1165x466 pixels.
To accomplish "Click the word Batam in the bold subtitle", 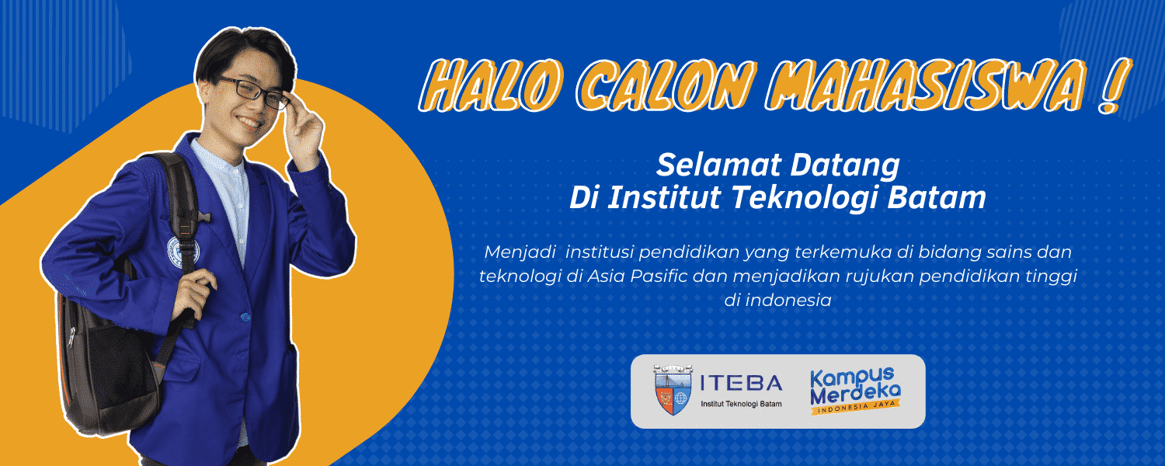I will (x=941, y=198).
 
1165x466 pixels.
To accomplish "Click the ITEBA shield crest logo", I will (x=673, y=391).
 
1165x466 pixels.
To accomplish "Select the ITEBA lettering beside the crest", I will (x=742, y=384).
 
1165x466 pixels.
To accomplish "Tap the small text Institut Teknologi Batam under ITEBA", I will (x=741, y=405).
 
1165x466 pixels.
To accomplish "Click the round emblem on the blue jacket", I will (x=183, y=250).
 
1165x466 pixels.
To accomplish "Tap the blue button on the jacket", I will (x=245, y=316).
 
